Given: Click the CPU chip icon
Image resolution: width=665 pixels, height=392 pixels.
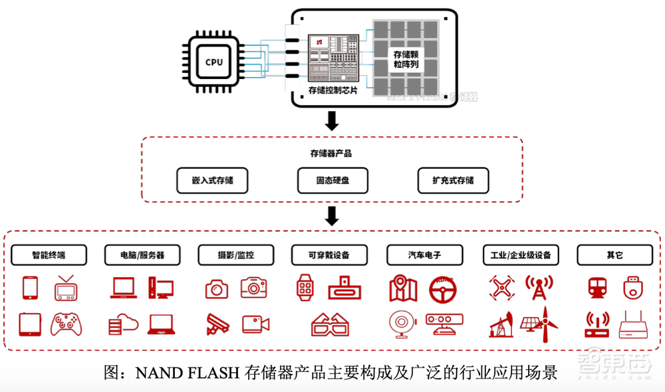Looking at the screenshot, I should tap(214, 62).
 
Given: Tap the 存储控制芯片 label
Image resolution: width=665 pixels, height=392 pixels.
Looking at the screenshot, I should tap(333, 90).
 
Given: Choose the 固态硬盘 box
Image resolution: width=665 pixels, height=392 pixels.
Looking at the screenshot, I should tap(332, 180).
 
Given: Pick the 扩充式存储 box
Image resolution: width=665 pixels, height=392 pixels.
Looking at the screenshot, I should tap(453, 180).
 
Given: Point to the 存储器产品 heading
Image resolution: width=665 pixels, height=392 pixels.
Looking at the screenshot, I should tap(331, 153).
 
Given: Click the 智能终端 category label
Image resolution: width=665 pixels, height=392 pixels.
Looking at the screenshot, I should tap(49, 254).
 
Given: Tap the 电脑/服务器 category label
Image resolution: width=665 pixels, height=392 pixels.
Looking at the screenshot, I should tap(142, 254).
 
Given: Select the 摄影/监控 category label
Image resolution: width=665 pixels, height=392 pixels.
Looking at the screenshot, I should tap(235, 254).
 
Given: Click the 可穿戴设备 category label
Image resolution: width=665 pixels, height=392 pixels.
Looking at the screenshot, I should tap(329, 254).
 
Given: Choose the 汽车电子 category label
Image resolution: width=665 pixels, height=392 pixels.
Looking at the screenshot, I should tap(425, 254).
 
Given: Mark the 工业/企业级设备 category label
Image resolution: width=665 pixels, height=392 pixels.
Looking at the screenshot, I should tap(521, 254).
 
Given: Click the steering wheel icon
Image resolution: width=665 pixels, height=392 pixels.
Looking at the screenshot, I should tap(443, 288).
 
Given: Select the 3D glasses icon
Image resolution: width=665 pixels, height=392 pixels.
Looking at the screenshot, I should tap(330, 324).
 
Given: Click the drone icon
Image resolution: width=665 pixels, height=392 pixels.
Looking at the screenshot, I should tap(501, 288).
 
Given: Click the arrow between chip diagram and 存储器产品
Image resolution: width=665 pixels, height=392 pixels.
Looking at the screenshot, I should tap(331, 121).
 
